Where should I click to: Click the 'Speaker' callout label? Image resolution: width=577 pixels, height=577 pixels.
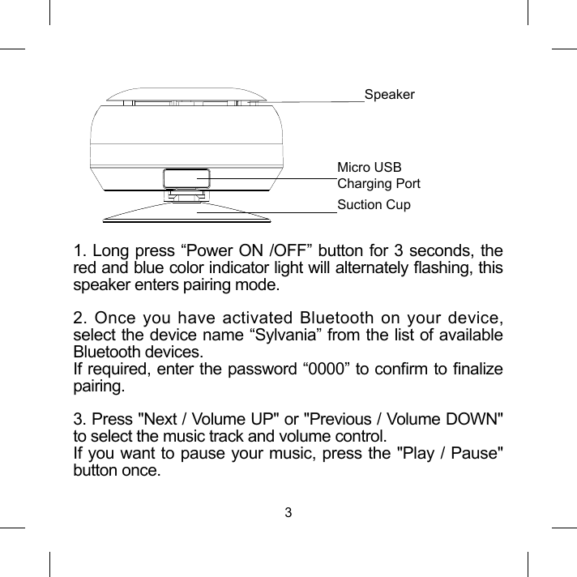pos(389,95)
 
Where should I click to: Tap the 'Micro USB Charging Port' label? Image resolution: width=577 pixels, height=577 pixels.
pos(378,176)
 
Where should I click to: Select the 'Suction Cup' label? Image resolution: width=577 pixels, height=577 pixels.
pos(374,204)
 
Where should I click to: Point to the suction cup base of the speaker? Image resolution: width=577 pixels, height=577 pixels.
pos(187,213)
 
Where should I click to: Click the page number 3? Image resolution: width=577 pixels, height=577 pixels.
pos(288,512)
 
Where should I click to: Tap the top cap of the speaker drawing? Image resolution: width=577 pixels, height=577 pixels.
pos(187,96)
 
